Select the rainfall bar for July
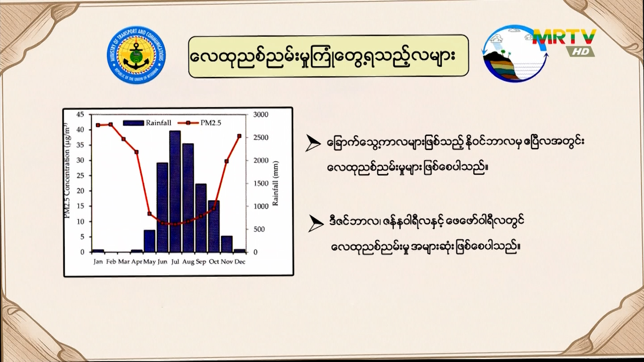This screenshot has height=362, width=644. click(x=175, y=191)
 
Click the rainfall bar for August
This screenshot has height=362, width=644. click(x=188, y=198)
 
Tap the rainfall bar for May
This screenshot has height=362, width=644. click(x=150, y=241)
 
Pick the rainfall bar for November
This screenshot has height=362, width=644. click(x=227, y=244)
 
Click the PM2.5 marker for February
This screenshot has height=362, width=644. click(x=111, y=124)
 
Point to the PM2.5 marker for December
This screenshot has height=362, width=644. click(x=239, y=136)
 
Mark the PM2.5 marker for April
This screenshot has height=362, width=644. click(x=137, y=152)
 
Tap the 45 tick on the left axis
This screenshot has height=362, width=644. click(x=80, y=115)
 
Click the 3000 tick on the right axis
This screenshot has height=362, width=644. click(x=261, y=115)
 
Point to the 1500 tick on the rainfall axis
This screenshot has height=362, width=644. click(x=261, y=183)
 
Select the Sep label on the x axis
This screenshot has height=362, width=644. click(x=201, y=262)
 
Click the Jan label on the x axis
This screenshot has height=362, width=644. click(x=98, y=262)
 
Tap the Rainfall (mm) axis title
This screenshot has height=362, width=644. click(x=275, y=183)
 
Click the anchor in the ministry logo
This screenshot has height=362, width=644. click(x=136, y=56)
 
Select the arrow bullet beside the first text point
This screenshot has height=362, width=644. click(x=313, y=143)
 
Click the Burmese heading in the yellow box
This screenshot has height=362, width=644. click(x=322, y=56)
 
